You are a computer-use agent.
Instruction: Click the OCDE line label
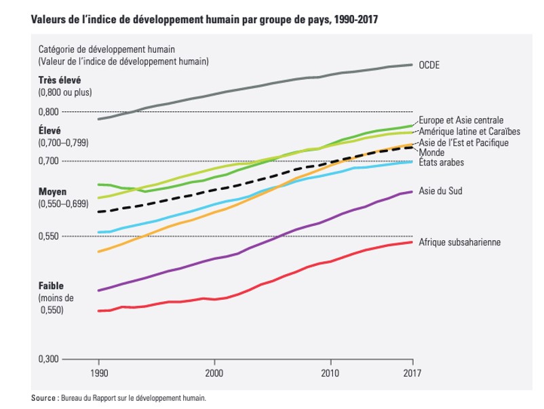(430, 66)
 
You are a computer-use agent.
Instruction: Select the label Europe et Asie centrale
(461, 120)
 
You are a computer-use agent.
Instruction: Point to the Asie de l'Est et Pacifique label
(464, 142)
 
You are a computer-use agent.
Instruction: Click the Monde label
(433, 153)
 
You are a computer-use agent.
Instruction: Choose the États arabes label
(442, 163)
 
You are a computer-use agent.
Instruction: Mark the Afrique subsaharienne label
(459, 242)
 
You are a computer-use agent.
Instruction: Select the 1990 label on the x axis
(99, 372)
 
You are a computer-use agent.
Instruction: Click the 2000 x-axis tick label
(214, 372)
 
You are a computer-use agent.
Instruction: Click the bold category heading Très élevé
(60, 80)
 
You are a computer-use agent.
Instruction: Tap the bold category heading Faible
(50, 286)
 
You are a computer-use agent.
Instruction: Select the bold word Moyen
(52, 192)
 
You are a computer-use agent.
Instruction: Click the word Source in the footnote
(44, 397)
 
